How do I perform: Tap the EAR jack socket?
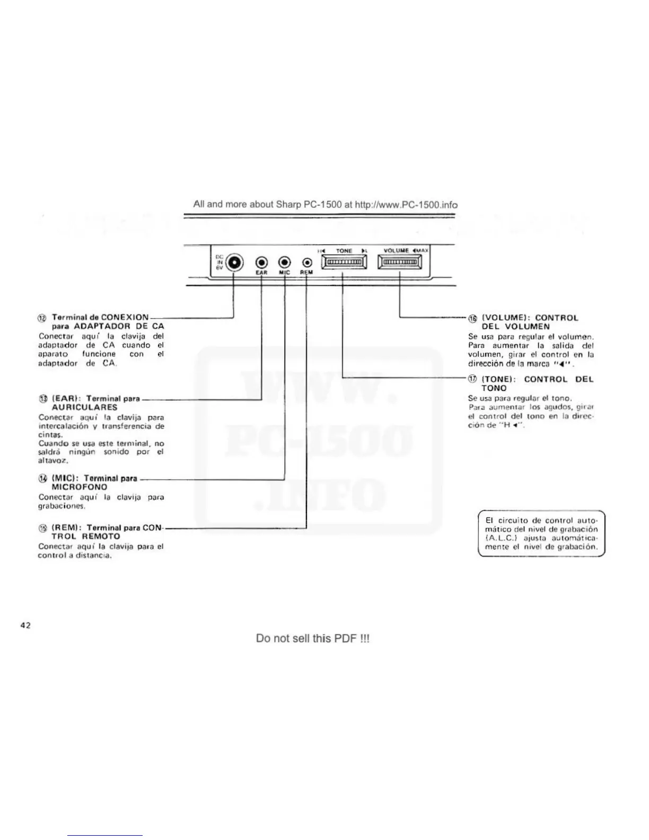[x=262, y=262]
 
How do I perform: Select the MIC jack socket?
[x=285, y=262]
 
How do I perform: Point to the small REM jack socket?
[x=307, y=262]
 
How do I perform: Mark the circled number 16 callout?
[x=472, y=318]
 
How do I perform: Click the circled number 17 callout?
[x=472, y=379]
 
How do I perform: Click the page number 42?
[x=25, y=625]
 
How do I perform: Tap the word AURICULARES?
[x=84, y=408]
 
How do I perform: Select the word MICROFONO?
[x=80, y=487]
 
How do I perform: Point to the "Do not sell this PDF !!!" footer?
[x=312, y=638]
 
